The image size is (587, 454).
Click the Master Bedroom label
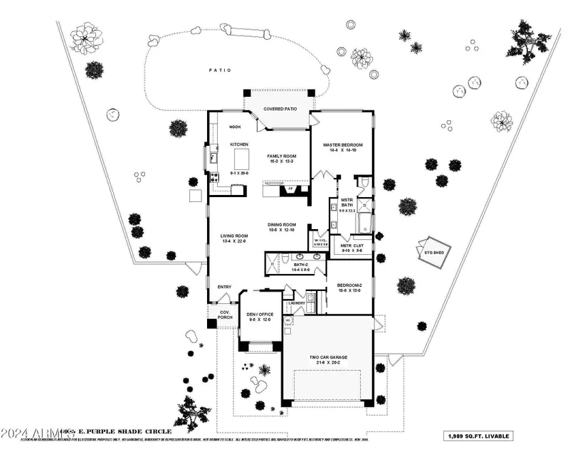pos(343,144)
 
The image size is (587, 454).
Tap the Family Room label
pos(281,156)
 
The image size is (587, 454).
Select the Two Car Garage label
pos(328,358)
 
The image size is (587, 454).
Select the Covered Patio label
pos(280,109)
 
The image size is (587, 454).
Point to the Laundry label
pos(296,303)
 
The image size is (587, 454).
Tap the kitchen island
pos(243,156)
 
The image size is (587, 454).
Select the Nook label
pos(236,127)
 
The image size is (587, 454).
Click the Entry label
pos(224,287)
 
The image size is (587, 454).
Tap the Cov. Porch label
pos(223,314)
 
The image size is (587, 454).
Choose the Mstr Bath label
pos(347,204)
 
